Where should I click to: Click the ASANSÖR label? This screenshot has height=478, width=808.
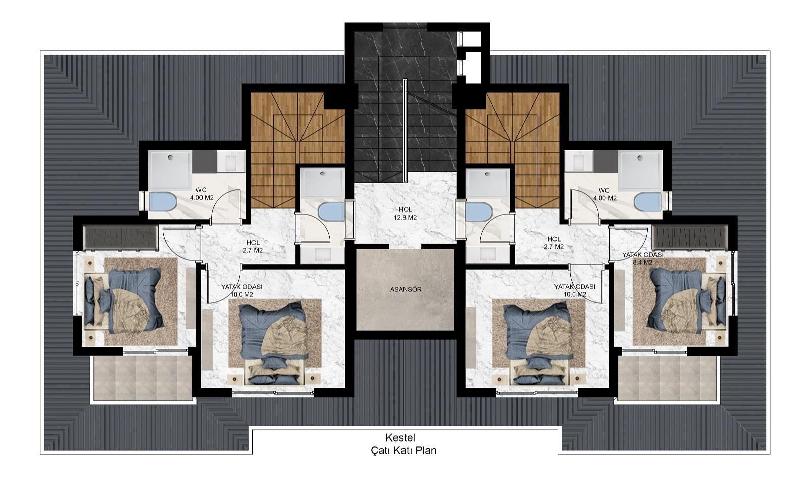pos(406,289)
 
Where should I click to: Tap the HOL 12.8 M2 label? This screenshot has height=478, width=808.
pos(405,214)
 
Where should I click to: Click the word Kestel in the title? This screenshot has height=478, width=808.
pos(400,438)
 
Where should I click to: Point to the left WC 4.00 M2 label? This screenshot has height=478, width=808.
pos(201,194)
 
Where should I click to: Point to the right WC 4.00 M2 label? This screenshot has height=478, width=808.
pos(604,194)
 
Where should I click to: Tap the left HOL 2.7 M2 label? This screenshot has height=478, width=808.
pos(253,246)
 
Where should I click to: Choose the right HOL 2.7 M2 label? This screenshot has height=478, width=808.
pos(553,243)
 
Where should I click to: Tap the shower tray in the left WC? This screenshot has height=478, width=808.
pos(171,171)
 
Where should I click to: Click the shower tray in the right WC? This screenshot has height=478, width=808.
pos(640,171)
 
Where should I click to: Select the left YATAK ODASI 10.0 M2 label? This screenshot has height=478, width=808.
pos(242,291)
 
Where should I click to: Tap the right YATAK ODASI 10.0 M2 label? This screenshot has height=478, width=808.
pos(575,291)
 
